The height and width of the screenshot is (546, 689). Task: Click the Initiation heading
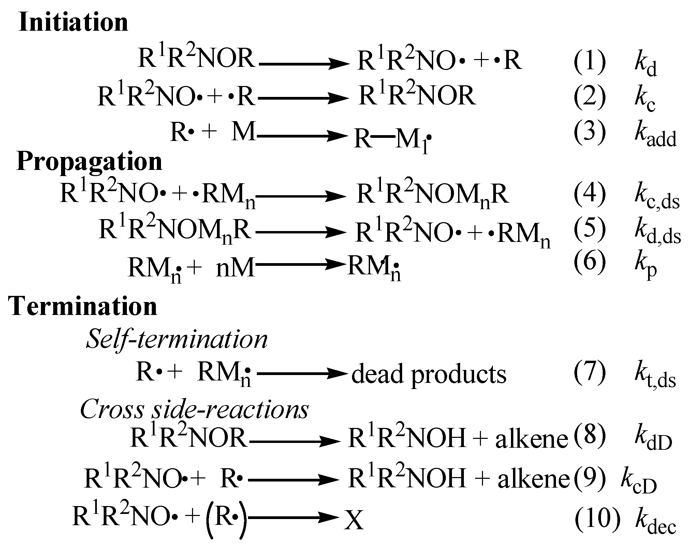tap(73, 22)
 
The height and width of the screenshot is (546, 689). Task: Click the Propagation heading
tap(89, 161)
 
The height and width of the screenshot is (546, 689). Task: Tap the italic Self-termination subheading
tap(177, 340)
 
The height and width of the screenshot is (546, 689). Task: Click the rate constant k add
tap(655, 135)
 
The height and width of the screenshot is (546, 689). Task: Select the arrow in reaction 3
tap(302, 136)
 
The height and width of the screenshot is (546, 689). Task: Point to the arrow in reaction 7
tap(302, 374)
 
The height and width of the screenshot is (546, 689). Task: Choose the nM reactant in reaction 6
tap(235, 267)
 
